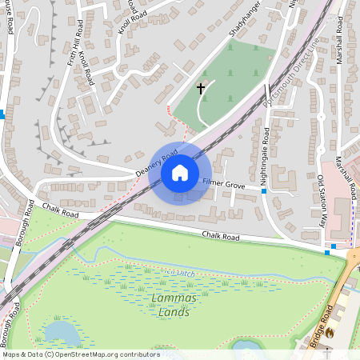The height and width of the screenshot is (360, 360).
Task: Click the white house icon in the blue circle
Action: coord(180,172)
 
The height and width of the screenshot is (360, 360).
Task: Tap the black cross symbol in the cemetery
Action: coord(201,88)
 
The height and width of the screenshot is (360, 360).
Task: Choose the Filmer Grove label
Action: coord(224,184)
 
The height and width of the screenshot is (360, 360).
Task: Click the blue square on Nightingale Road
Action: coord(263,191)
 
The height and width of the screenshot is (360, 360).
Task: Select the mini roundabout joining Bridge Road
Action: coord(354,256)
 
